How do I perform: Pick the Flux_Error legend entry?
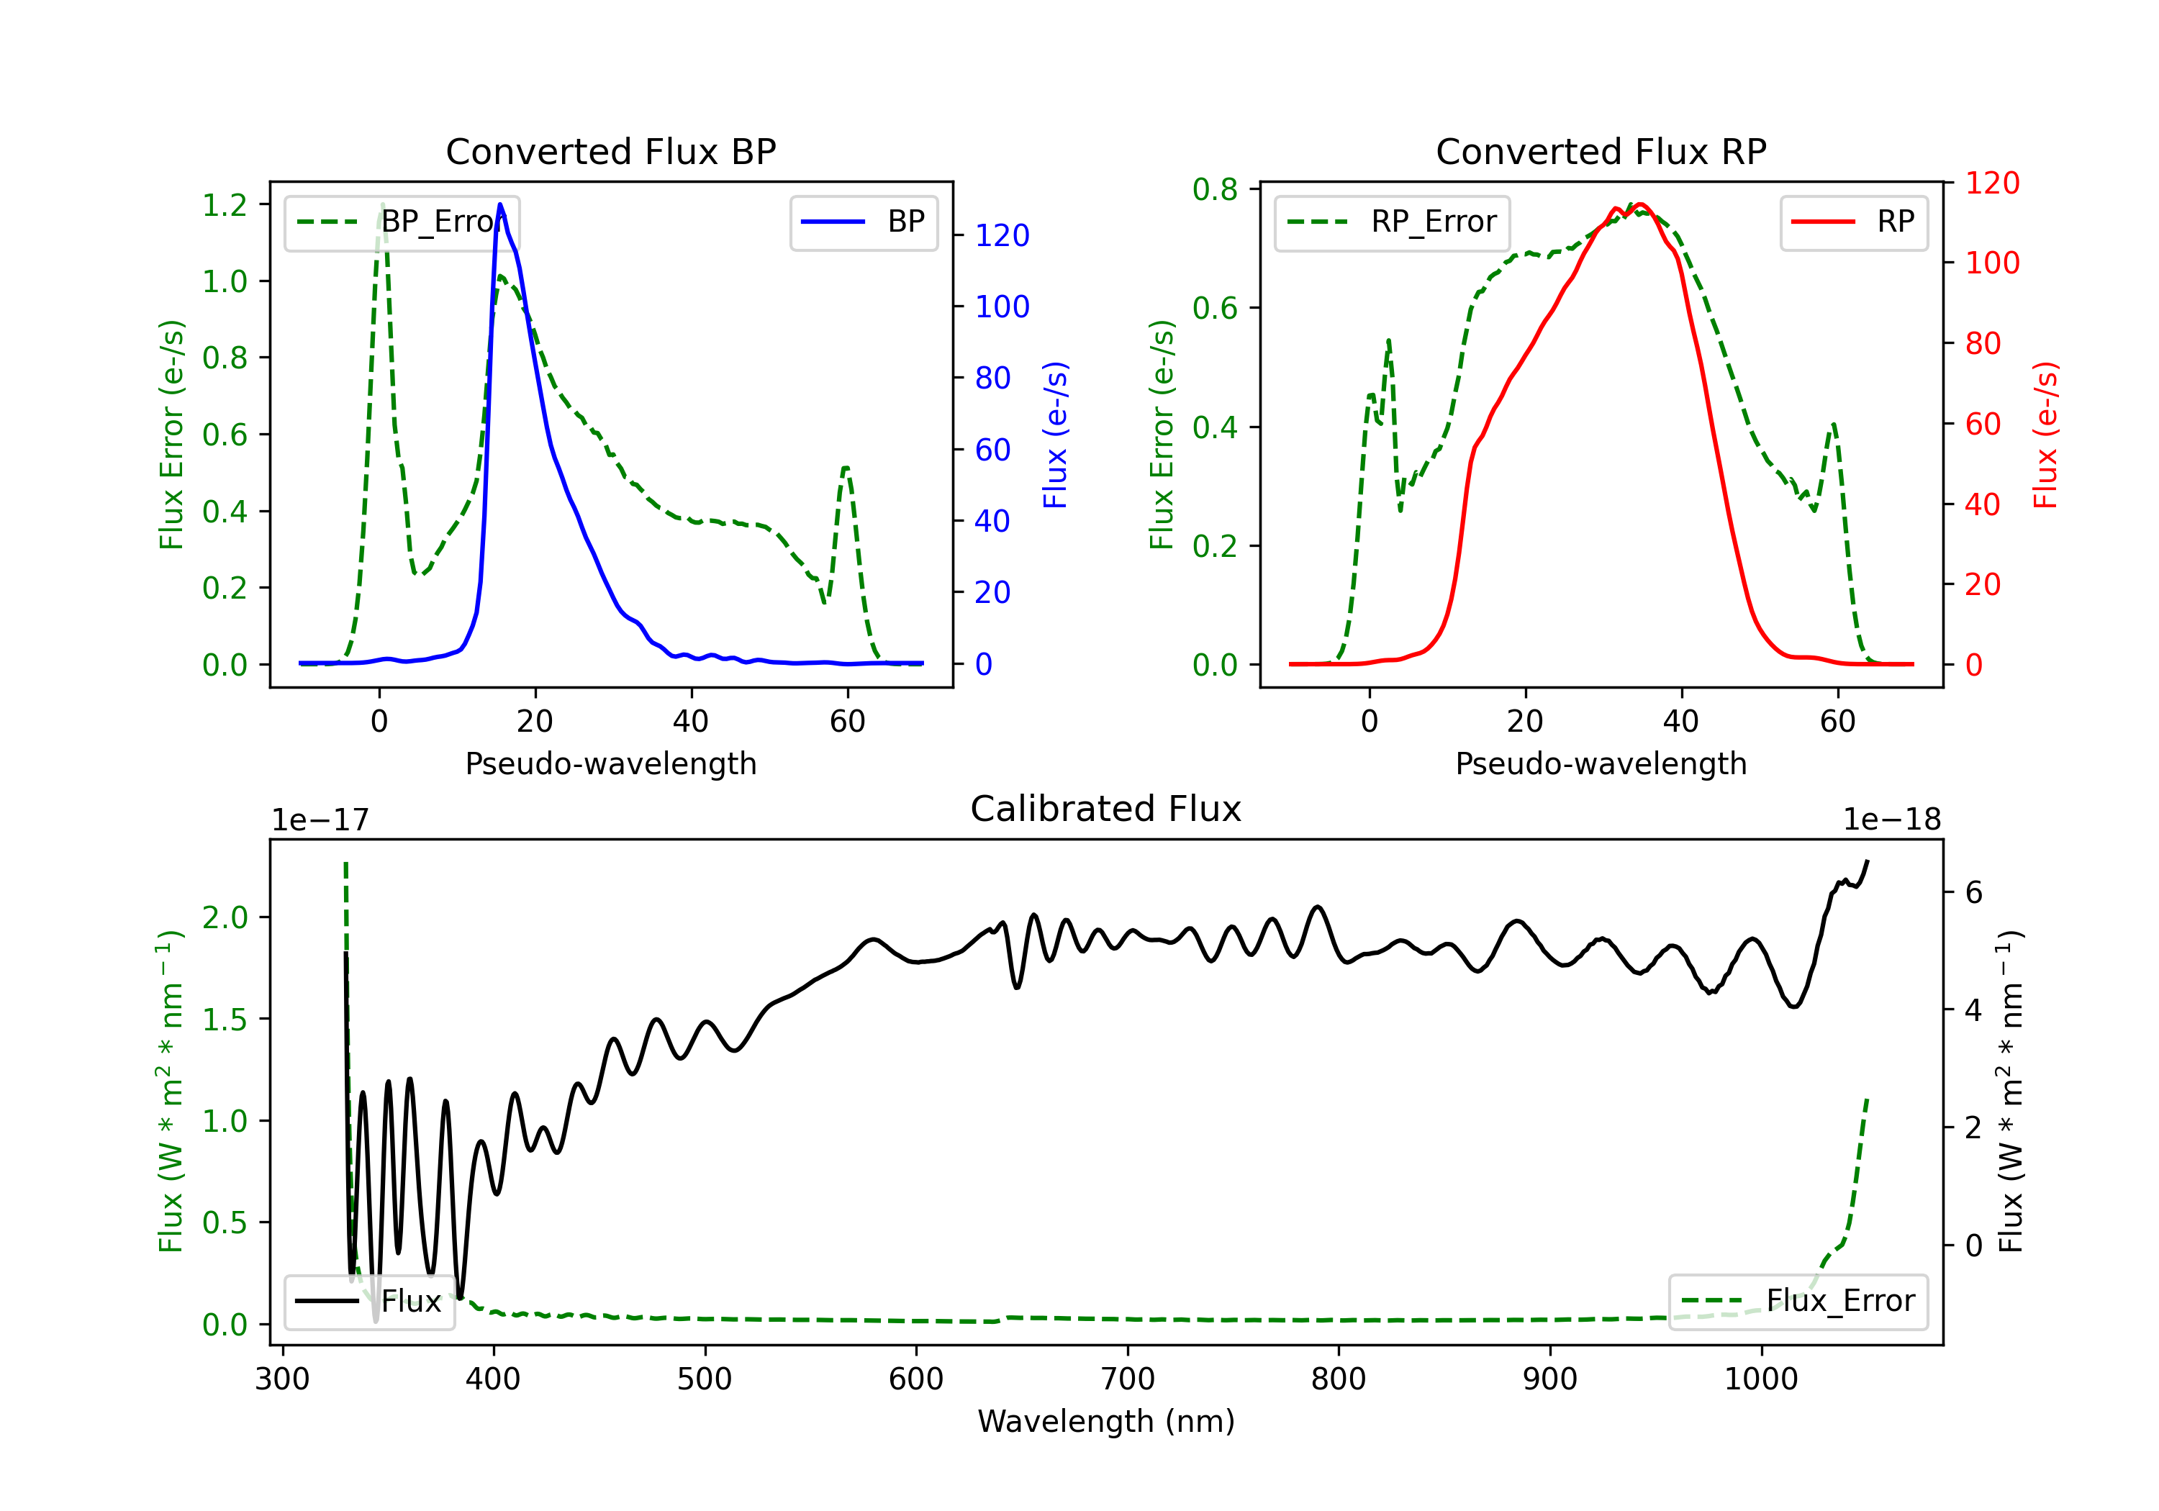click(1797, 1302)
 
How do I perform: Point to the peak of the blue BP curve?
click(500, 204)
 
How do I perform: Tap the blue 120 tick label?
click(1002, 236)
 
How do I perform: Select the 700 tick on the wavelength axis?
click(1128, 1379)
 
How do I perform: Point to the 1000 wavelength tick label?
click(1760, 1379)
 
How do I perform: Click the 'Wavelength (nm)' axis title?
click(1106, 1422)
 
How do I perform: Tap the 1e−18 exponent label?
click(1891, 820)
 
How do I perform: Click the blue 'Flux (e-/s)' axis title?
click(1055, 435)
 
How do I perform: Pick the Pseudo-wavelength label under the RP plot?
click(1601, 763)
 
